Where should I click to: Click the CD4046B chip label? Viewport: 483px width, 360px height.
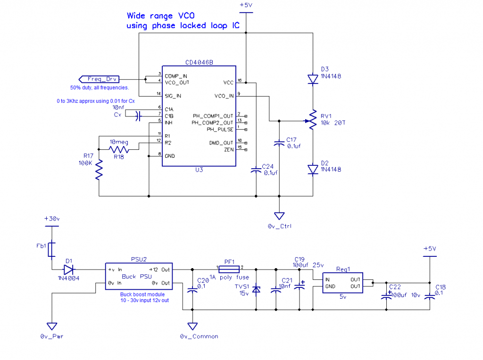point(199,62)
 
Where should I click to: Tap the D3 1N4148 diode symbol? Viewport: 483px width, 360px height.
point(313,79)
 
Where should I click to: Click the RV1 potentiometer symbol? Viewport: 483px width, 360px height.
point(313,120)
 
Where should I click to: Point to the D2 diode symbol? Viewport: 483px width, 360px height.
point(313,169)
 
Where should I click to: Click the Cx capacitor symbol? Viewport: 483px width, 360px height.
point(137,116)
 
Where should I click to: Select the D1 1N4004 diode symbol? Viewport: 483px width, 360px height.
point(69,270)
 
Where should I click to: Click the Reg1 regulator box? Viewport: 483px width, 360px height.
point(342,283)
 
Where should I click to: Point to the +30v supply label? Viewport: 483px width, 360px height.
point(52,219)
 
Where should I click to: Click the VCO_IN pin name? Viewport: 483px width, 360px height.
point(224,96)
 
